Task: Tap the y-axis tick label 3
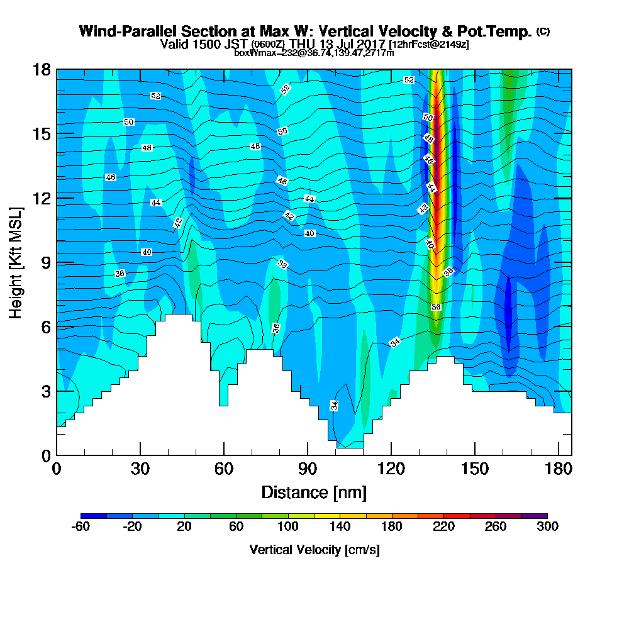(x=46, y=391)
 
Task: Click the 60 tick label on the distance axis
(x=224, y=469)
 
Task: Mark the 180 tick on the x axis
(x=558, y=469)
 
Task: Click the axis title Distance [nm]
(x=314, y=492)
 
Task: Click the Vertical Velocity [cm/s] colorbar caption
(x=314, y=550)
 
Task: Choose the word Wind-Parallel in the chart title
(x=118, y=31)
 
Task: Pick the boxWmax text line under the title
(x=314, y=53)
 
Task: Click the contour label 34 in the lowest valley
(x=335, y=405)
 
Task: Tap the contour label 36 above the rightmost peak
(x=436, y=306)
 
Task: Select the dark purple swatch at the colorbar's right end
(x=534, y=516)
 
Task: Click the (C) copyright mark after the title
(x=543, y=31)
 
